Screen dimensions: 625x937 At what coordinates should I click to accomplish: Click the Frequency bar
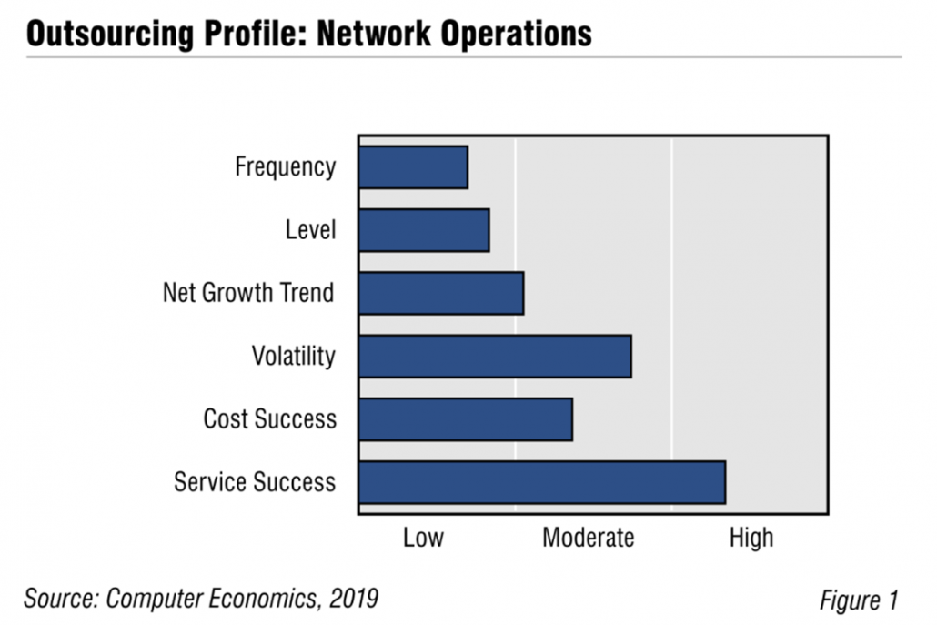point(413,167)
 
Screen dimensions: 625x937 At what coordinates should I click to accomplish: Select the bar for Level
point(424,230)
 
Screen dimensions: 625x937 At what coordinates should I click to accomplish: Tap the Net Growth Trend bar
point(441,293)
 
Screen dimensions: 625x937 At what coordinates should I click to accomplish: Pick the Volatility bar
point(495,356)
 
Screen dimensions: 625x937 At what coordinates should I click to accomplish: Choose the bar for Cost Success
point(465,418)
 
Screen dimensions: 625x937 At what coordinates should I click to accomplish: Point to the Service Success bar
point(542,481)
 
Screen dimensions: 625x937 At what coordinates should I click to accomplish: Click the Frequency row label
point(285,167)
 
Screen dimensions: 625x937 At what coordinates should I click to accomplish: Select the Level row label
point(310,230)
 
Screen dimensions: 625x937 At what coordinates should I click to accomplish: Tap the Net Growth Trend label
point(248,293)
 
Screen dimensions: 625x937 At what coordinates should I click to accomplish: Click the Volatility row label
point(293,356)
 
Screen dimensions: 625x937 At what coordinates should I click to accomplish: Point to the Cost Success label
point(269,418)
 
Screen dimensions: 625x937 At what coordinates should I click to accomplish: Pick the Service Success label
point(255,481)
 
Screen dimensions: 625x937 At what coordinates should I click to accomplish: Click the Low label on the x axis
point(423,538)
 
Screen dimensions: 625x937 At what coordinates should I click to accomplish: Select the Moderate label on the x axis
point(588,538)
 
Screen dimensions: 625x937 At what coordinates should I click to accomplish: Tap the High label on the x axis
point(751,538)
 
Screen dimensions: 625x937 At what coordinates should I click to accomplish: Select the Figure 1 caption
point(858,600)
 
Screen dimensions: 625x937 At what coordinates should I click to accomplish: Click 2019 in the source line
point(351,599)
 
